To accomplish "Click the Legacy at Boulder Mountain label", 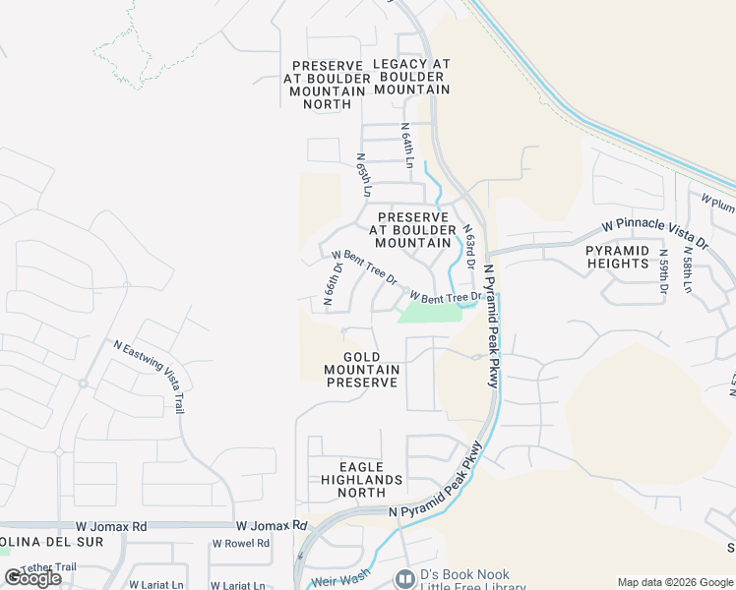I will pos(411,77).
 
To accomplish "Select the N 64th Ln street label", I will pos(406,144).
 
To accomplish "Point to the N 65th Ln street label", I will pos(364,173).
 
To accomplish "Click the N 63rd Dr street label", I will pos(470,247).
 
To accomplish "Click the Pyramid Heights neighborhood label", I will pos(632,258).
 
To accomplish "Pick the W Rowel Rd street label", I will pos(241,543).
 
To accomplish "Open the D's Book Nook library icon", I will pos(402,579).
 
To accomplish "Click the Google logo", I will pos(32,577).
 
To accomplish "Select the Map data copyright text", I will pos(674,582).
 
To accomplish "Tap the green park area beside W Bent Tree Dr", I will pos(428,313).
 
